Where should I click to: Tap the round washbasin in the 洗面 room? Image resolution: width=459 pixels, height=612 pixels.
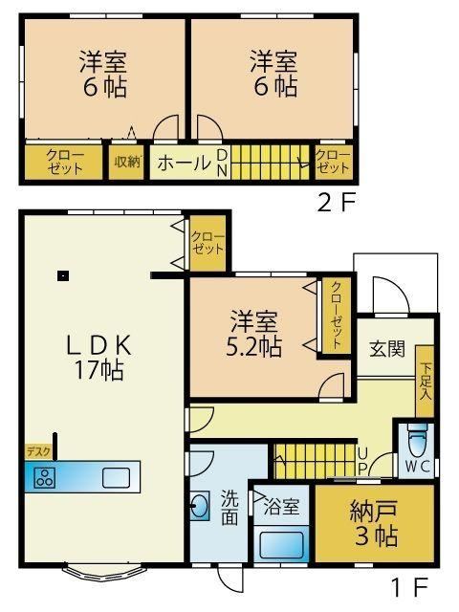(201, 507)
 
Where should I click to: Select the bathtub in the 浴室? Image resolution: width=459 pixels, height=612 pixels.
(281, 544)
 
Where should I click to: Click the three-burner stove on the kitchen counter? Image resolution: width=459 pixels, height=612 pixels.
(45, 478)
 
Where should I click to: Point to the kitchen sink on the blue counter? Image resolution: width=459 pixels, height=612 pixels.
(116, 478)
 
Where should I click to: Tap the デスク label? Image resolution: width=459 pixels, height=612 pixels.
(38, 452)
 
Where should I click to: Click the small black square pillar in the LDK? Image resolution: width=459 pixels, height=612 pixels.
(63, 276)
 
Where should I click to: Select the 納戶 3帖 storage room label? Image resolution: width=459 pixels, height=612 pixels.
(375, 523)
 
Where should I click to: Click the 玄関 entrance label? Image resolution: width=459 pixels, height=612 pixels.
(387, 348)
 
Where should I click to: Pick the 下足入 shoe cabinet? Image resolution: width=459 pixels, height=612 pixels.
(425, 381)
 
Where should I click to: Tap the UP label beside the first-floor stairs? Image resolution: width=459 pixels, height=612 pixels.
(362, 461)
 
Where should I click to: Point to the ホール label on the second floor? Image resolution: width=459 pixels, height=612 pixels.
(185, 163)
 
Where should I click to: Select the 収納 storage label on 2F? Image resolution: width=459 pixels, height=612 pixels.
(127, 162)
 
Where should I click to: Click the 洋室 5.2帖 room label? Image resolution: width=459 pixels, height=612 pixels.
(254, 334)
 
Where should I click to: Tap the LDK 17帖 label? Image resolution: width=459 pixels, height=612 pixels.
(99, 357)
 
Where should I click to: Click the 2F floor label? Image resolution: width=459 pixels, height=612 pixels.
(337, 202)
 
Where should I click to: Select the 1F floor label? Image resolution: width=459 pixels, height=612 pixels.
(409, 587)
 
